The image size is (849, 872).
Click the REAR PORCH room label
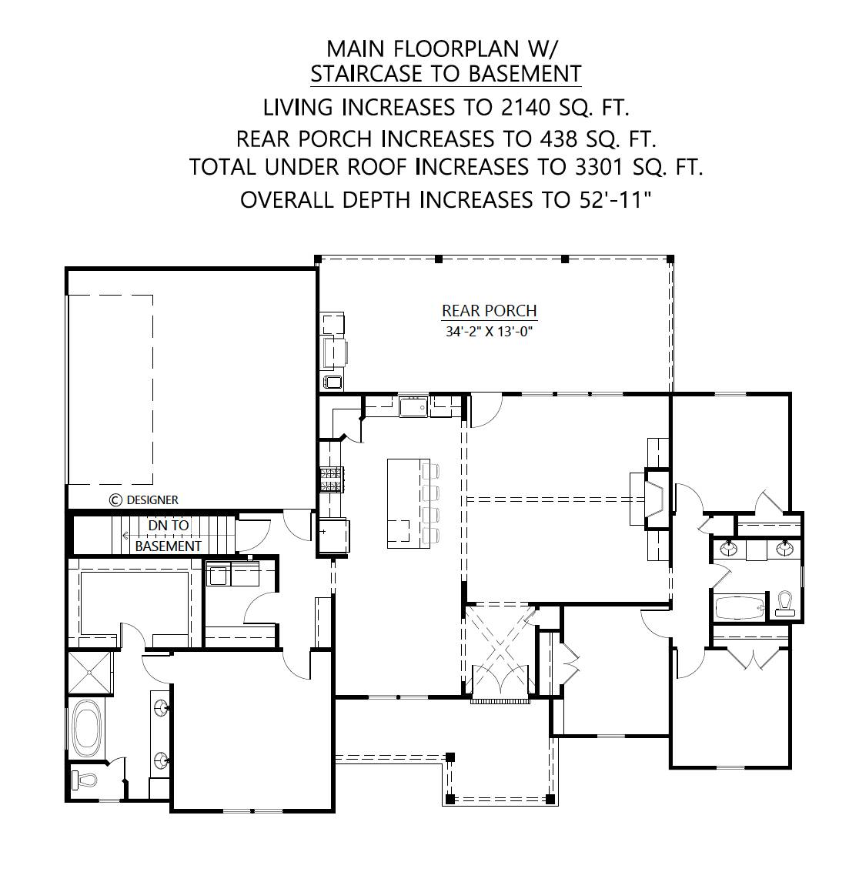489,310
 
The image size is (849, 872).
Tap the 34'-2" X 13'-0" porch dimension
489,332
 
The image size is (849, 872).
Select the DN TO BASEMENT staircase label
168,536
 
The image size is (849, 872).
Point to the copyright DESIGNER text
144,500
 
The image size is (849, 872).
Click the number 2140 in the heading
525,107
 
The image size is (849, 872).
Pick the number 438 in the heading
559,139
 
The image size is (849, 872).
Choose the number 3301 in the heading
599,167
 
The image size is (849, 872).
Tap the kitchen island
409,503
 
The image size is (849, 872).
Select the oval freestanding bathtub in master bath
87,729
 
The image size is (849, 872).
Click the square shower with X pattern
90,673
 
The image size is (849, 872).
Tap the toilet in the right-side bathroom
784,603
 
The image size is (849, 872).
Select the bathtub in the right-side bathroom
740,608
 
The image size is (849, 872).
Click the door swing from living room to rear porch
485,410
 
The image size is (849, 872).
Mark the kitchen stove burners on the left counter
330,479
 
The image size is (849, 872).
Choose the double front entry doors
499,680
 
